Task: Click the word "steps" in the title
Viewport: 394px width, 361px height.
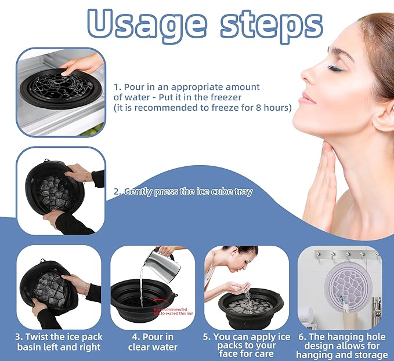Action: (x=265, y=24)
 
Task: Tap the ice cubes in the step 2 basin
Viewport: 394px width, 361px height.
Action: (x=55, y=188)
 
